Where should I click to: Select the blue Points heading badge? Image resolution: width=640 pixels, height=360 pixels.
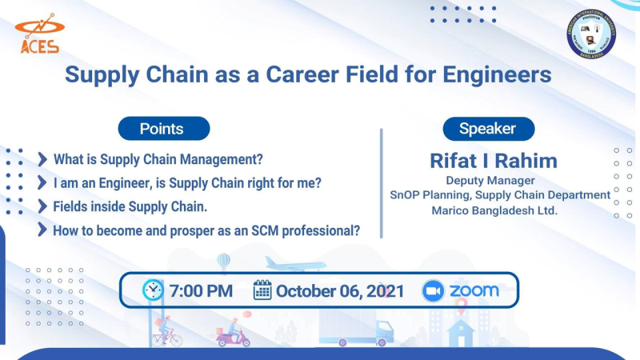pyautogui.click(x=162, y=128)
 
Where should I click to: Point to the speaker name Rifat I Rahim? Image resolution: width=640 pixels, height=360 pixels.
pyautogui.click(x=494, y=160)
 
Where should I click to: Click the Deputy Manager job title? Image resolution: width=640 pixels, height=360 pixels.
pyautogui.click(x=490, y=181)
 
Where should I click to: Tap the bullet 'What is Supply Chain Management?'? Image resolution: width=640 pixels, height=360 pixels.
pyautogui.click(x=158, y=159)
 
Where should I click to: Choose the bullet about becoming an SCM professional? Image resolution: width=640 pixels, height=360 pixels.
pyautogui.click(x=206, y=230)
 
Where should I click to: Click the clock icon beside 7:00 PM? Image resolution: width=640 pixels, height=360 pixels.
pyautogui.click(x=153, y=290)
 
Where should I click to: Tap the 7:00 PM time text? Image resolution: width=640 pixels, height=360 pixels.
pyautogui.click(x=201, y=290)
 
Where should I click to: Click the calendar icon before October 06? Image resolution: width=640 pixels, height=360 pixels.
pyautogui.click(x=262, y=290)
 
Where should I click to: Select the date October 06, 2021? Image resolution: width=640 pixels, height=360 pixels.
pyautogui.click(x=340, y=290)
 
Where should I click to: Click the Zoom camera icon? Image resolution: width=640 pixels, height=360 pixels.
pyautogui.click(x=433, y=290)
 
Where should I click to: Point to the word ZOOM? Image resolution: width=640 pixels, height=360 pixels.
pyautogui.click(x=474, y=290)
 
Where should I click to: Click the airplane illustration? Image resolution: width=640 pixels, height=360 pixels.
pyautogui.click(x=295, y=264)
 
